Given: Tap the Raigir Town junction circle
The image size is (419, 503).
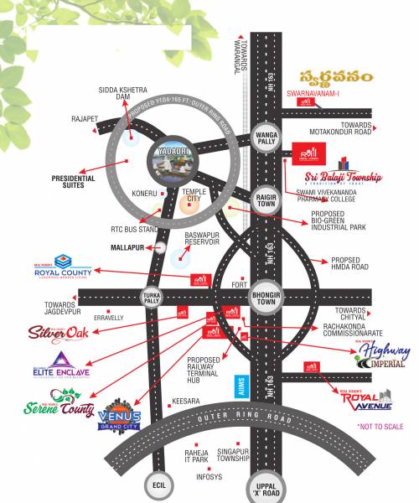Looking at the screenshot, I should pos(265,200).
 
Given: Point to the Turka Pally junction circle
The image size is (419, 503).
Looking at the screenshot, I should pos(151,298).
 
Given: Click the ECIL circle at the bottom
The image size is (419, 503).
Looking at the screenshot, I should pos(157,484).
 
